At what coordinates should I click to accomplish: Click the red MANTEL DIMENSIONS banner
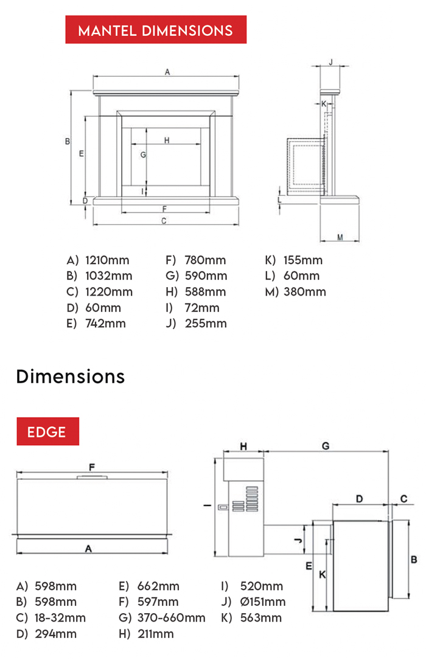pos(156,30)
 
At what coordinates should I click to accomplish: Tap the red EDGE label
pos(47,431)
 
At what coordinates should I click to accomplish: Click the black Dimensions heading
pos(71,377)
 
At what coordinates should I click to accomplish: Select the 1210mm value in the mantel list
pos(107,260)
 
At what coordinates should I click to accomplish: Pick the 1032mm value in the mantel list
pos(108,276)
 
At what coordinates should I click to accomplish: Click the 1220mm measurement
pos(108,292)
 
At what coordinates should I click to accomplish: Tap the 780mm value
pos(204,260)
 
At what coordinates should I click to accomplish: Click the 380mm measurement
pos(305,292)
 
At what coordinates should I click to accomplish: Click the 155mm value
pos(302,260)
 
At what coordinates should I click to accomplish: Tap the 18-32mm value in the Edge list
pos(60,618)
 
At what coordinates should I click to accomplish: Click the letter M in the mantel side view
pos(340,237)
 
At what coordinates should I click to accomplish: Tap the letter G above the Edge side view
pos(326,446)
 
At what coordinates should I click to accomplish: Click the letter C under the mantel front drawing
pos(164,221)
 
